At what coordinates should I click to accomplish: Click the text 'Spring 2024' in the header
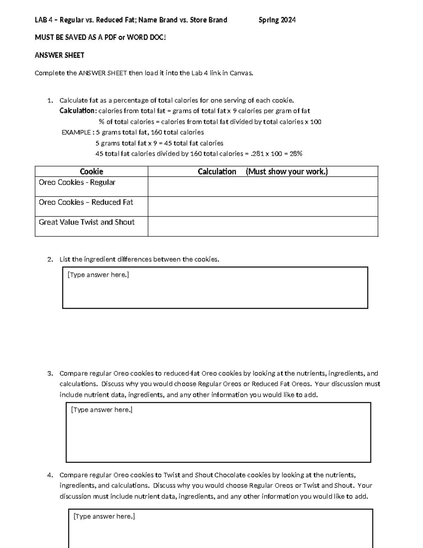(x=277, y=20)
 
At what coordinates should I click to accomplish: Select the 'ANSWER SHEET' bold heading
(x=59, y=55)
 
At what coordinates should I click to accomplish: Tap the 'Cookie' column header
(x=91, y=171)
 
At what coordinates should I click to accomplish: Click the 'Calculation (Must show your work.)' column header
(x=263, y=171)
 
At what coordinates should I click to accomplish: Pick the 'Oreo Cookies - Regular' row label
(x=77, y=182)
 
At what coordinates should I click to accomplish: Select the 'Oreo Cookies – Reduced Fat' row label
(x=86, y=202)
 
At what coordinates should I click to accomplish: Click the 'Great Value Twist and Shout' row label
(x=86, y=222)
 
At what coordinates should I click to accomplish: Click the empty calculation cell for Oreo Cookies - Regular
(x=263, y=187)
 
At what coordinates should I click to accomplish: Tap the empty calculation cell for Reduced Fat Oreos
(x=263, y=206)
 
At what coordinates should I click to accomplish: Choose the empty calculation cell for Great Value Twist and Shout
(x=263, y=226)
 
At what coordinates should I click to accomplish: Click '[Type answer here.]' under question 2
(x=98, y=275)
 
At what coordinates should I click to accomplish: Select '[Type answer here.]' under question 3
(x=102, y=410)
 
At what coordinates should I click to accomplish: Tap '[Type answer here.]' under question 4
(x=104, y=516)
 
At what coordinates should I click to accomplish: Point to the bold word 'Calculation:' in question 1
(x=78, y=111)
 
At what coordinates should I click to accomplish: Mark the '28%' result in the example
(x=296, y=154)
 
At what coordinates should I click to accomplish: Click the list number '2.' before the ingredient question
(x=50, y=259)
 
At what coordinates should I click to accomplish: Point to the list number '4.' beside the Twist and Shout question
(x=50, y=475)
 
